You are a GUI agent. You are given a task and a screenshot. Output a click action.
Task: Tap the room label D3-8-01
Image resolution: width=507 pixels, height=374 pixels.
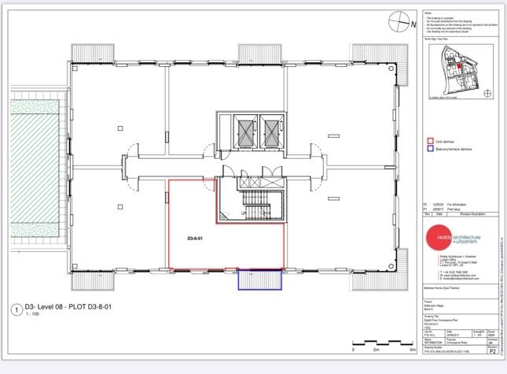coord(195,237)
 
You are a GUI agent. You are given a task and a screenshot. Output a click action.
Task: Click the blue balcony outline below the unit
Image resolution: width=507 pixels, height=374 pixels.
coord(260,280)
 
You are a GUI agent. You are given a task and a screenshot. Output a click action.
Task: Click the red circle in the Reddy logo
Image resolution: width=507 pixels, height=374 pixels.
coord(445,240)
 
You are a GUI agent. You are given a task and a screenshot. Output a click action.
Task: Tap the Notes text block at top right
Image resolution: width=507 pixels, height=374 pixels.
coord(452,22)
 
